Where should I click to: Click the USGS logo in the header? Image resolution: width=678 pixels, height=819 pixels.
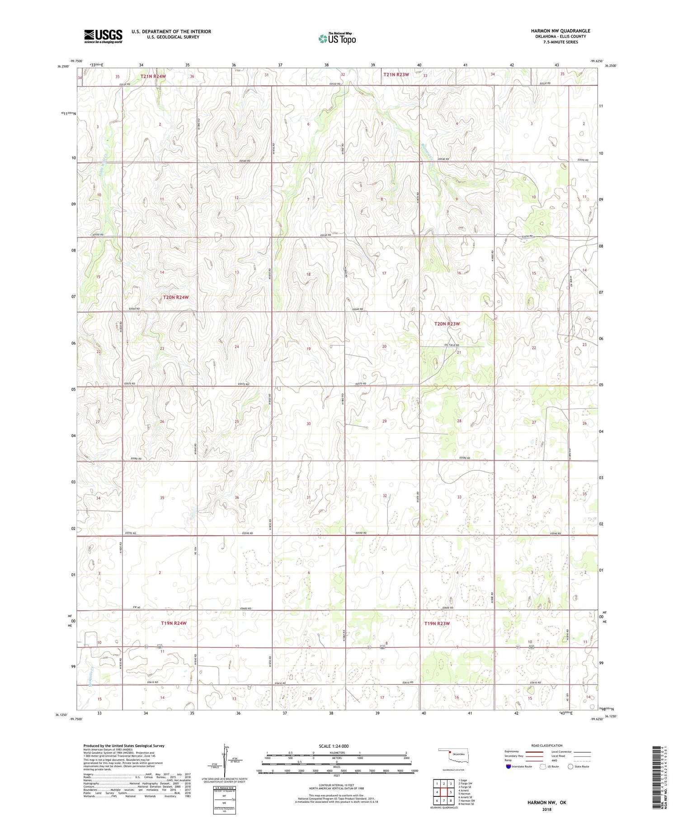103,36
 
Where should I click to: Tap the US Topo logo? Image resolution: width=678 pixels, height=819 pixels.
337,39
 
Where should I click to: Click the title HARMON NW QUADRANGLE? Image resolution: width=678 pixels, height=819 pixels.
560,31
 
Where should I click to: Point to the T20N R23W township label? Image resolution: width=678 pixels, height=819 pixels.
447,324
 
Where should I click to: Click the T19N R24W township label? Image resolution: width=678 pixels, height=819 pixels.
174,623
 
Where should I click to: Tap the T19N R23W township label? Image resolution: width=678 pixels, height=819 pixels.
437,623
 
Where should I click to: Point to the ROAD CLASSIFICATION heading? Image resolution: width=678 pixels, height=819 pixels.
546,745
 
